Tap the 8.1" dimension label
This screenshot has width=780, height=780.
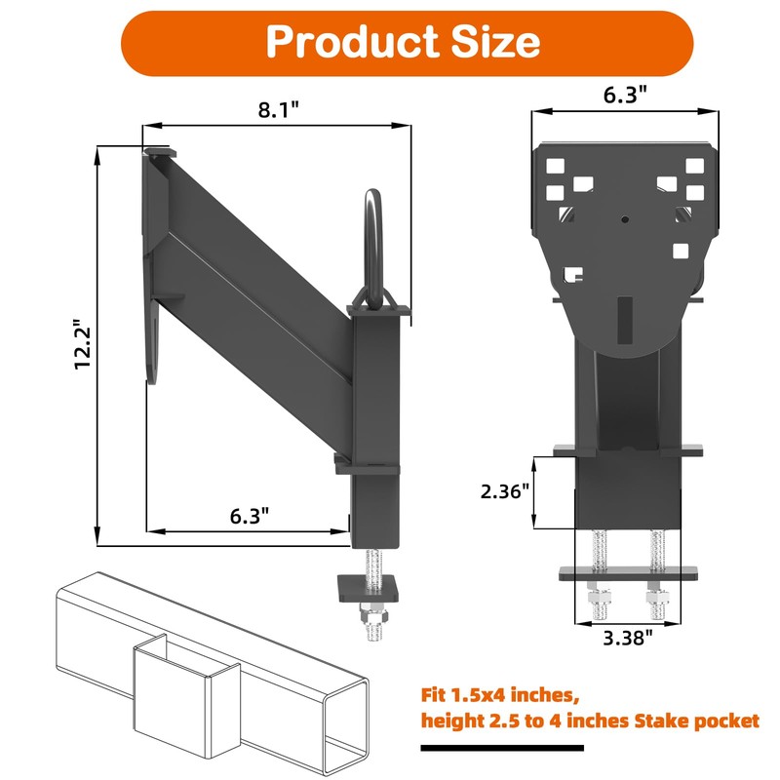[279, 110]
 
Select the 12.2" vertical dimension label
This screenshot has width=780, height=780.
[83, 344]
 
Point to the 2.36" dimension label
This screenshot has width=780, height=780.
[504, 491]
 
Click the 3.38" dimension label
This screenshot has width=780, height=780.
[627, 638]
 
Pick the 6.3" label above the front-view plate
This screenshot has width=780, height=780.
[625, 94]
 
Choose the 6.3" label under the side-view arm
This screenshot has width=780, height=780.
[250, 516]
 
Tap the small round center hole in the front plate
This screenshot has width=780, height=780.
[625, 218]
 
